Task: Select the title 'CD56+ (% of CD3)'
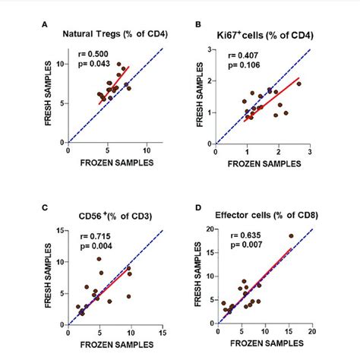coord(107,207)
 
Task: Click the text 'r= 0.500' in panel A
coord(94,54)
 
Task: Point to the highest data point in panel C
coord(99,260)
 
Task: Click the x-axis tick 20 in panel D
coord(312,333)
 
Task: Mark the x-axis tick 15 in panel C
coord(162,333)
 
